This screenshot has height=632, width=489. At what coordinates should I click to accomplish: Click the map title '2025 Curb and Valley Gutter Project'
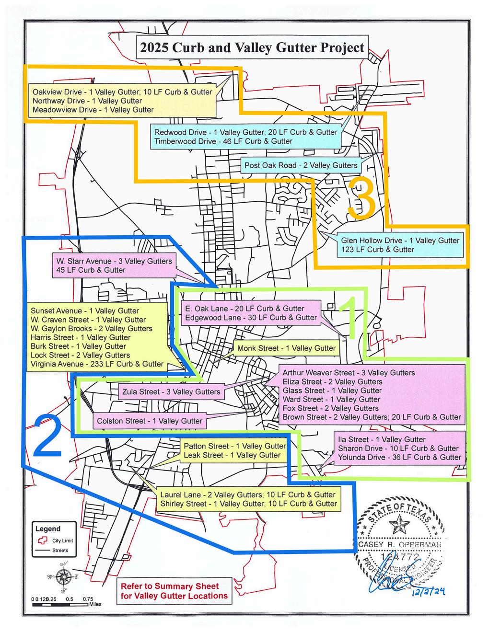(252, 47)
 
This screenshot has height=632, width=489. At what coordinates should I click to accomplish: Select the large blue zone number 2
(47, 436)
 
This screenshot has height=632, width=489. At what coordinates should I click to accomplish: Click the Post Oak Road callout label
(301, 165)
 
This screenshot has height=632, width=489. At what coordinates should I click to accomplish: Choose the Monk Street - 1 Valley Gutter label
(286, 348)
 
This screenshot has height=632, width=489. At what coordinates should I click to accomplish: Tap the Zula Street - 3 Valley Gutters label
(171, 392)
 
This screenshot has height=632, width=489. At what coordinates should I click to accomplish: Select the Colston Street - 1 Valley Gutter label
(150, 421)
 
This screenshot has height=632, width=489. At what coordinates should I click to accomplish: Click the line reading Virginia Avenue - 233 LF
(97, 364)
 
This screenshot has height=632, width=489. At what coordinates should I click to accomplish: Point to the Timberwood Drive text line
(223, 141)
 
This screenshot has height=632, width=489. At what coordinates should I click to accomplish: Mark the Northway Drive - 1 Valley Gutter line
(87, 101)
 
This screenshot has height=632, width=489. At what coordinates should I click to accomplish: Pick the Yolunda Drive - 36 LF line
(399, 458)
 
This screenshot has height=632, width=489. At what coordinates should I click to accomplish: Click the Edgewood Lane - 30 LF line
(251, 318)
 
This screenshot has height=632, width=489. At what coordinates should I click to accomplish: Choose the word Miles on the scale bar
(94, 604)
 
